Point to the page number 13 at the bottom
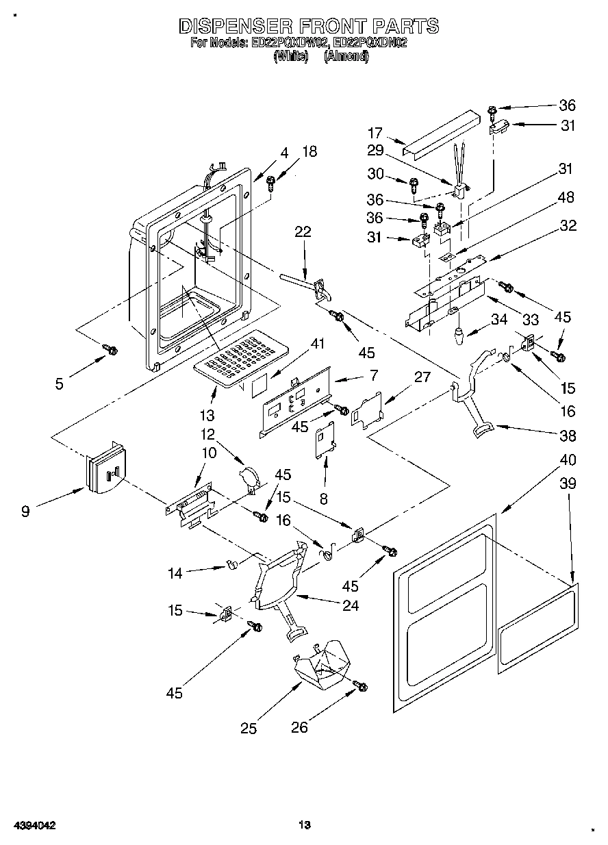point(305,824)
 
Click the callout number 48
point(567,198)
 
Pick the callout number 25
point(249,728)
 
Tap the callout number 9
point(25,510)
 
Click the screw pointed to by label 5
point(110,350)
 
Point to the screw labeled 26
point(360,685)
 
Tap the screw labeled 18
point(271,182)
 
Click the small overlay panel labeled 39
point(537,626)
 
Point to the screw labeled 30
point(414,184)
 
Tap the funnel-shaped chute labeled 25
point(322,664)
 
